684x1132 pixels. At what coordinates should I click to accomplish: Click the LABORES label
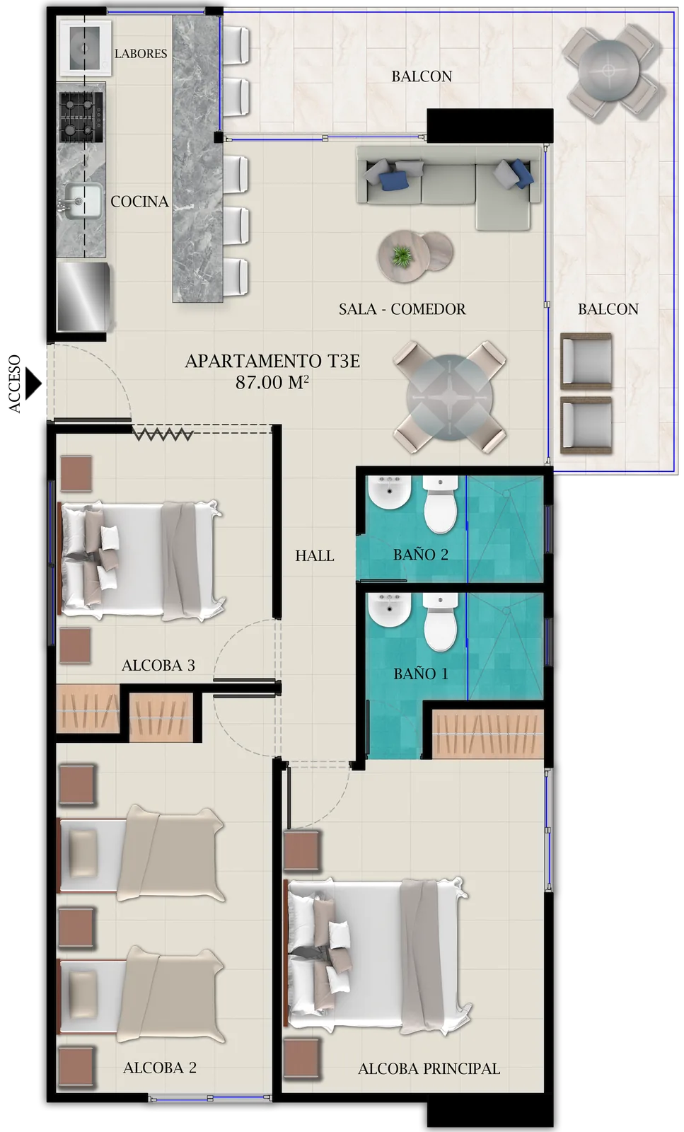(x=141, y=54)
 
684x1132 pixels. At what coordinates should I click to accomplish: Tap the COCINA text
(x=139, y=202)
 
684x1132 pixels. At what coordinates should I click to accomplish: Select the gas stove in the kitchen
(x=81, y=115)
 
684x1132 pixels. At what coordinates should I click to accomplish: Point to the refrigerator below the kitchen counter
(x=83, y=296)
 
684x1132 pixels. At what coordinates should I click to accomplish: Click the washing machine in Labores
(x=85, y=47)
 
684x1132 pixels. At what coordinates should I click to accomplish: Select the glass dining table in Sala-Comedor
(x=449, y=397)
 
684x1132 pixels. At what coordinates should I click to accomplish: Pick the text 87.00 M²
(x=272, y=383)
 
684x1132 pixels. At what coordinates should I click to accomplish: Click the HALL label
(x=315, y=556)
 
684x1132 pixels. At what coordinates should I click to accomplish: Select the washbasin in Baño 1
(x=388, y=612)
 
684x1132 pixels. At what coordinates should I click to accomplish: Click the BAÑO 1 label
(x=421, y=674)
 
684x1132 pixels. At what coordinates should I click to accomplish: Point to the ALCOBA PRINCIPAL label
(x=429, y=1069)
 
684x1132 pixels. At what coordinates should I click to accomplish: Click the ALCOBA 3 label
(x=158, y=666)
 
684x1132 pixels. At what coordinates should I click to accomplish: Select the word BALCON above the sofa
(x=422, y=76)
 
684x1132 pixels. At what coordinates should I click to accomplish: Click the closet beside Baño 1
(x=487, y=733)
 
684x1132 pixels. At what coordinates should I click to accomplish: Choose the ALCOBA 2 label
(x=160, y=1068)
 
